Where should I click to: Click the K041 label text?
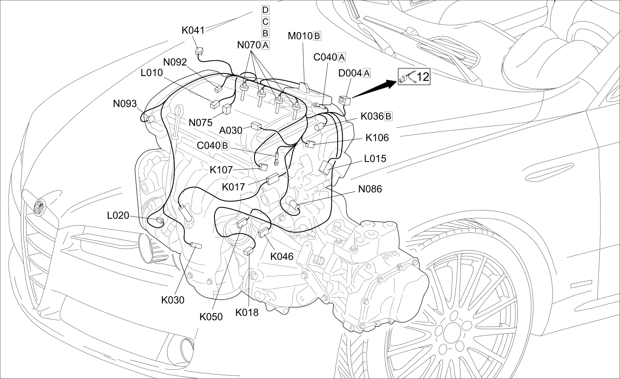[193, 30]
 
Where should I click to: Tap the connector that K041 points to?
[199, 51]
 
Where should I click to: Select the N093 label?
[125, 104]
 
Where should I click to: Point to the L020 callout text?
[118, 215]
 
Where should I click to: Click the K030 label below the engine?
[173, 300]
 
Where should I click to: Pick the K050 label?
[211, 316]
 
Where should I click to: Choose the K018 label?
[247, 312]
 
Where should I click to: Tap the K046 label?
[282, 256]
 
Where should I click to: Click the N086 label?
[370, 189]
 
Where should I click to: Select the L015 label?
[375, 158]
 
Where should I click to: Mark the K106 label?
[377, 138]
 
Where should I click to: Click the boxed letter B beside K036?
[388, 116]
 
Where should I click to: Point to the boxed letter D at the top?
[265, 10]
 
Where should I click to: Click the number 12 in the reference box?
[422, 76]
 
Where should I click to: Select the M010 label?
[301, 36]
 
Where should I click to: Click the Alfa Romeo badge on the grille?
[39, 207]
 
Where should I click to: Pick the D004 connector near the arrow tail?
[345, 100]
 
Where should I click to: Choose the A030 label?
[230, 130]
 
